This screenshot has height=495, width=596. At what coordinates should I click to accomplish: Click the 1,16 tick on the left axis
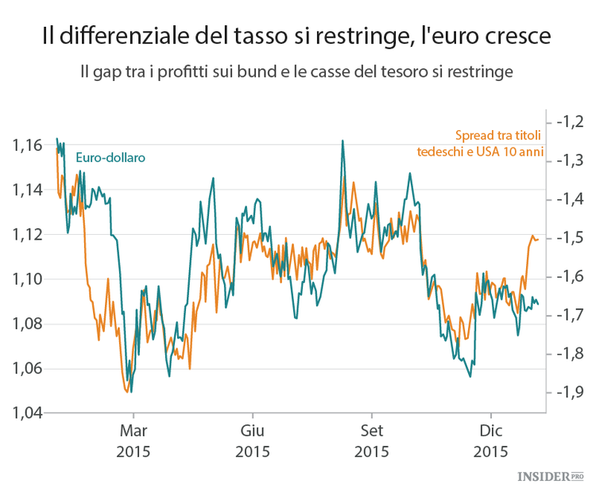pyautogui.click(x=27, y=145)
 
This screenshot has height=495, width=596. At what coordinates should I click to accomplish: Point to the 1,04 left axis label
pyautogui.click(x=27, y=412)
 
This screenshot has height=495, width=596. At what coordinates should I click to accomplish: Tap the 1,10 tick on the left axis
pyautogui.click(x=27, y=279)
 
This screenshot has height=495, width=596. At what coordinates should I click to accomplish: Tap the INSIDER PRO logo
pyautogui.click(x=550, y=477)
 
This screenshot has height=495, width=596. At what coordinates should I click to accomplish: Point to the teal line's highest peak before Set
pyautogui.click(x=343, y=141)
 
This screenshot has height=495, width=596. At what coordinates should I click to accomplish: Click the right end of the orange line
pyautogui.click(x=539, y=239)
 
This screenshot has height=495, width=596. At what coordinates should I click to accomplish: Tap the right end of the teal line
pyautogui.click(x=539, y=304)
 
